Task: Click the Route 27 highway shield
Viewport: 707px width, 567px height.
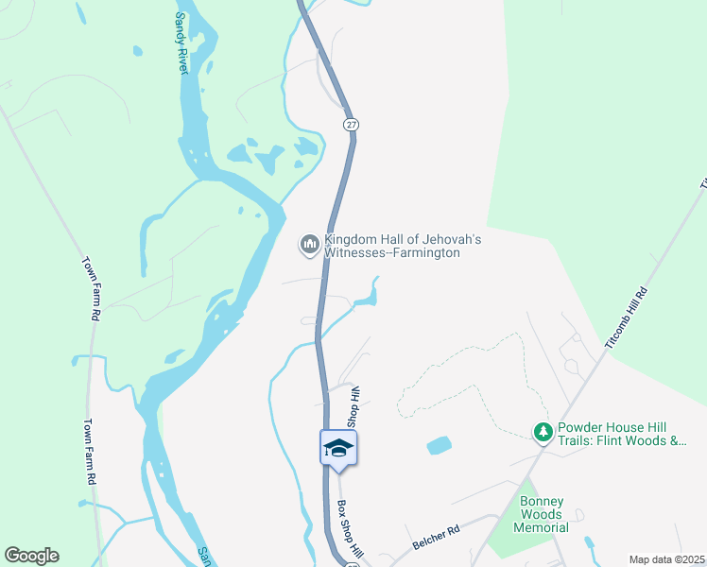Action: click(352, 125)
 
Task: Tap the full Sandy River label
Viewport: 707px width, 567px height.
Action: click(181, 43)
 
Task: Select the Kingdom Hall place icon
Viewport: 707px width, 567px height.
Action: click(309, 246)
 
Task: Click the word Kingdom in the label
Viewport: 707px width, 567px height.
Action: click(352, 240)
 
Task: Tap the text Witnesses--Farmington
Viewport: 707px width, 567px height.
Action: click(392, 253)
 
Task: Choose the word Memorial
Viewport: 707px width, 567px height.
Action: click(542, 527)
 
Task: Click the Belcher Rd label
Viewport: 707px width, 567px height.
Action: click(435, 540)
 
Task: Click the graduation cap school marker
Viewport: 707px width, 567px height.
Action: click(338, 448)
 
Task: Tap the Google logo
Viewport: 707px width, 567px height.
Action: click(31, 556)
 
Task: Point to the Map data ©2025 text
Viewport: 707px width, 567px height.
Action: click(665, 559)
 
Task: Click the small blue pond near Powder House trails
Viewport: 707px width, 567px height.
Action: click(439, 445)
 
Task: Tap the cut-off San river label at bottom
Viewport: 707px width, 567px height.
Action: click(202, 557)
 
